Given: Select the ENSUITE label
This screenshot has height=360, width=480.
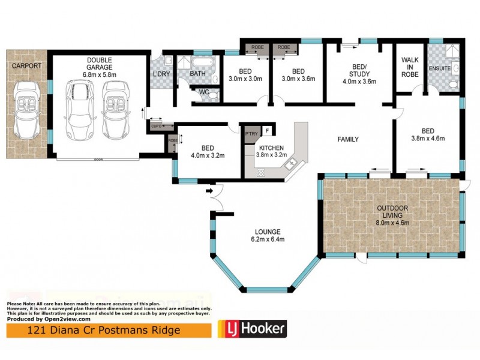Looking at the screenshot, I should pos(440,69).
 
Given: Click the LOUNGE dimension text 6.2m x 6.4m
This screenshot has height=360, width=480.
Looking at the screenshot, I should pos(267,239).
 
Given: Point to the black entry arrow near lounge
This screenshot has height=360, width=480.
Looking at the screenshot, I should pos(209,191).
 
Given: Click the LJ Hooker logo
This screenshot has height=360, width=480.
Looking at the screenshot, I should pos(251,328).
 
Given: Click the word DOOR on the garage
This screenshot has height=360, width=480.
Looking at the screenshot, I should pos(97,160).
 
